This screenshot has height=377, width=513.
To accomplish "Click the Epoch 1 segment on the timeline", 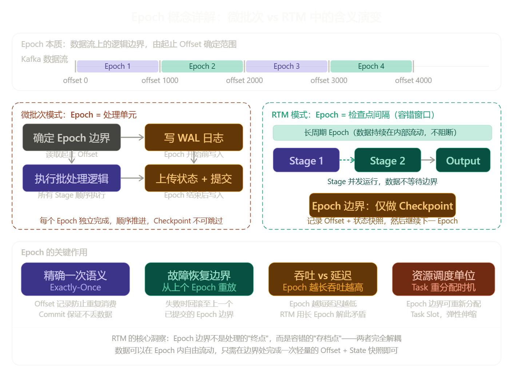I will (x=118, y=66).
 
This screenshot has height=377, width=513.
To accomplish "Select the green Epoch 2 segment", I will (x=202, y=66).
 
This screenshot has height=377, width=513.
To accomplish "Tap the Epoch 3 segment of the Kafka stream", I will (x=286, y=66).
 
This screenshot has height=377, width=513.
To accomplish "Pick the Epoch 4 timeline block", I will (x=371, y=66).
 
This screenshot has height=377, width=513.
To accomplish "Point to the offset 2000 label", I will (x=244, y=80).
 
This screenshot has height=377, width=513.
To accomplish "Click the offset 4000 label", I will (x=413, y=80).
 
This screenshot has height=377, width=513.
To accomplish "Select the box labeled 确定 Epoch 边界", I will (x=72, y=138).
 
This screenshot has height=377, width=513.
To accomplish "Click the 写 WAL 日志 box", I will (x=194, y=138).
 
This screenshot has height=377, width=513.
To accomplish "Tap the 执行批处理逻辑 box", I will (x=72, y=178).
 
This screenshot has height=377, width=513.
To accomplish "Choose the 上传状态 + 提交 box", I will (x=194, y=178).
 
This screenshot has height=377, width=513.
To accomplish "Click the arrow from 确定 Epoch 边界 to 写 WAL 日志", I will (x=133, y=137).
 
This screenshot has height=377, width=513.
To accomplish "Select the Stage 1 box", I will (x=306, y=160).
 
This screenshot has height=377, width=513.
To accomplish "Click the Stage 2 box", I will (x=387, y=160).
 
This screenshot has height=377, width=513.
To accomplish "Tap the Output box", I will (x=463, y=160).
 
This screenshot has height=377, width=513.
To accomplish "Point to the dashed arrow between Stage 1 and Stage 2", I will (x=347, y=160).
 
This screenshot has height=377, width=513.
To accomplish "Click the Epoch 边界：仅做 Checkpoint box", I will (x=382, y=206).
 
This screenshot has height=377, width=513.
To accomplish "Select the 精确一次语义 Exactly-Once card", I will (x=75, y=279).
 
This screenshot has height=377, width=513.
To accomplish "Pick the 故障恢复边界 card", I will (x=199, y=279).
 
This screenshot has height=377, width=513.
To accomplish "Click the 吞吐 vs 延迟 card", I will (x=323, y=279).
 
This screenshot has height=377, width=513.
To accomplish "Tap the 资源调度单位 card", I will (x=444, y=279).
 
